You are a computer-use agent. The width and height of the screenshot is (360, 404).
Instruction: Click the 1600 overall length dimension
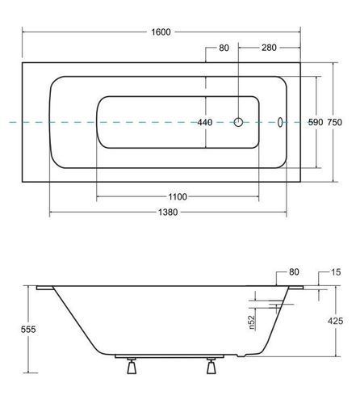point(161,32)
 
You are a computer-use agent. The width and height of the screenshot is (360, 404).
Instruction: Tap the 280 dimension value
point(269,48)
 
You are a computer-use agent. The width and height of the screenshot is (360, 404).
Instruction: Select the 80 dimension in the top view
point(224,48)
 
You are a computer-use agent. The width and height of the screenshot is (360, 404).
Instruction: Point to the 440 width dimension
point(205,122)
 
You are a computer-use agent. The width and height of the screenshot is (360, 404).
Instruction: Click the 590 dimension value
point(316,122)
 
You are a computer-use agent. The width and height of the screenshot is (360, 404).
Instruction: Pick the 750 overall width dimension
point(334,122)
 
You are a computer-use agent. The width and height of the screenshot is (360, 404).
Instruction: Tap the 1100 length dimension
point(178,197)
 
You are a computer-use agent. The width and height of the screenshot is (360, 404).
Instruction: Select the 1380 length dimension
point(168,213)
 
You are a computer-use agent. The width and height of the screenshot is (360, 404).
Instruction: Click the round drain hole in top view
point(238,122)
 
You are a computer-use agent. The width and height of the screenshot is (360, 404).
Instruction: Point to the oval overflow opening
point(280,122)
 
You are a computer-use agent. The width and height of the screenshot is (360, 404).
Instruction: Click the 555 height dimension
point(28,329)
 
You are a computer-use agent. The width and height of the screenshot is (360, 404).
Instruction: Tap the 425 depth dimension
point(336,321)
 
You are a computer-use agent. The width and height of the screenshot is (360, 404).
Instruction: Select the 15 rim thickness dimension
point(336,272)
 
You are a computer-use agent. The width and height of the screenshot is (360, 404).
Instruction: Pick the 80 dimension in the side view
point(294,271)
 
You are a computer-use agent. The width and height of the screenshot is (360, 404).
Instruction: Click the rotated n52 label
point(252,322)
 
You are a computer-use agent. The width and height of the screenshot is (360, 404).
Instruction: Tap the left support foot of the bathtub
point(132,366)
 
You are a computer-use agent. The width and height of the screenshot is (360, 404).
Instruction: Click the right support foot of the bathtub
point(211,366)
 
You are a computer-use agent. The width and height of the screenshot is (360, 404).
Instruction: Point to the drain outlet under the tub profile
point(241,356)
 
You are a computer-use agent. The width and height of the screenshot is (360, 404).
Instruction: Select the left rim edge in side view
point(45,288)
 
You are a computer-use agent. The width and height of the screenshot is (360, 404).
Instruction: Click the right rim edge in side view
point(296,288)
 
